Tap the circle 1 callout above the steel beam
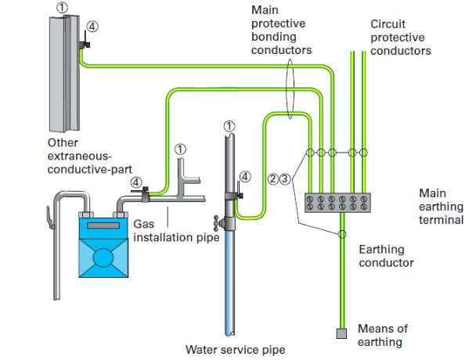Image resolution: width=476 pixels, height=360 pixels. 61,7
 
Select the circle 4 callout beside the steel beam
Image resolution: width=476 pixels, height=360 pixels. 93,26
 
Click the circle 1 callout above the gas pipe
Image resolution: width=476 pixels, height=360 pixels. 180,147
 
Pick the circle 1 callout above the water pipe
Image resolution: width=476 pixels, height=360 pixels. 228,125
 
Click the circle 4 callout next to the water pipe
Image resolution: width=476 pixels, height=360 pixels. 247,177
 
